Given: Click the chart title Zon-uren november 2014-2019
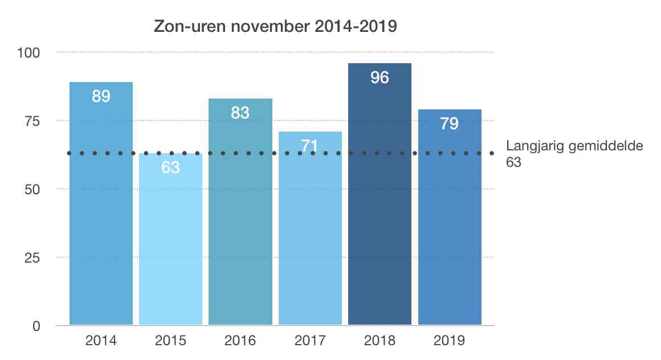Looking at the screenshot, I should coord(275,27).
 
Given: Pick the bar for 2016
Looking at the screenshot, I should coord(240,228).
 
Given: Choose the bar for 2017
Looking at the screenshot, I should coord(310,239).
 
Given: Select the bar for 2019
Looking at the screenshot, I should coord(450,228).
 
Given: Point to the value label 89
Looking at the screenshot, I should coord(101,96).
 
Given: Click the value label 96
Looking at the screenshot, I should coord(380,77).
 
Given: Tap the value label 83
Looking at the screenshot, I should coord(240,113).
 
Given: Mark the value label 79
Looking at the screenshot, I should coord(450,124).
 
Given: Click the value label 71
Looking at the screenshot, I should coord(310,146).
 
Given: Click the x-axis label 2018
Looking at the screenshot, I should coord(380,341).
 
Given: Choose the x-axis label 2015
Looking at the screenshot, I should coord(170,341).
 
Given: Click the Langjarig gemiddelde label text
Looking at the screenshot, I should coord(574,146).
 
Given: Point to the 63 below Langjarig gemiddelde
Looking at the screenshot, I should coord(514,162).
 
